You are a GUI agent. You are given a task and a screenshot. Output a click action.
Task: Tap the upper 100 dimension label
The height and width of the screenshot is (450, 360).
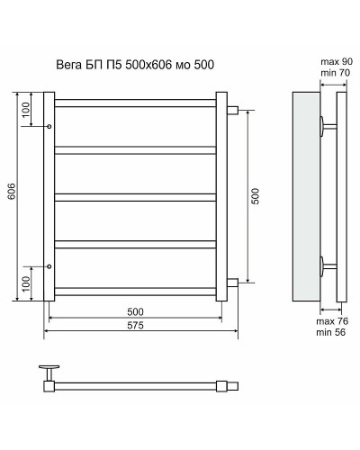(26, 111)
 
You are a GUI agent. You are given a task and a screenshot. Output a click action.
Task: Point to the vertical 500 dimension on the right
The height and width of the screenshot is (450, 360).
(256, 195)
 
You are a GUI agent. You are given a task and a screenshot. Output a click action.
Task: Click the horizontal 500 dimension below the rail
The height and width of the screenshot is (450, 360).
(137, 311)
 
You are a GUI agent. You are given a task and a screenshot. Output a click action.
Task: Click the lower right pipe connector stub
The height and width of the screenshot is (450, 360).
(233, 283)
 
